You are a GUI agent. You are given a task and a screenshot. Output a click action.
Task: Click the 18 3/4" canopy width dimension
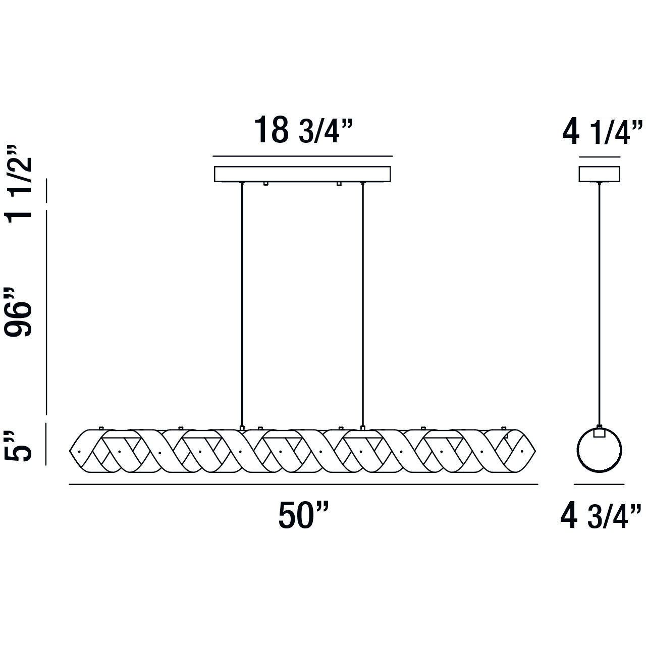pyautogui.click(x=303, y=130)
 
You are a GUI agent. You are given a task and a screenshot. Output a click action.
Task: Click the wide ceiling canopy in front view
pyautogui.click(x=302, y=174)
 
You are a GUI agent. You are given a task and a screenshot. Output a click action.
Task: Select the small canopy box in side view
pyautogui.click(x=600, y=174)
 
